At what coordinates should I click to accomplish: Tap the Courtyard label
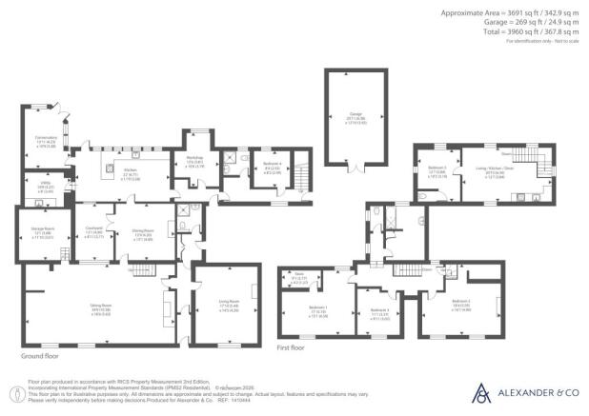(92, 229)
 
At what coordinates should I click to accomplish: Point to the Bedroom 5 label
(437, 168)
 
